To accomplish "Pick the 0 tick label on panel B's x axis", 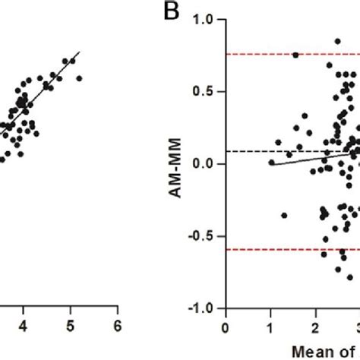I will click(x=225, y=326).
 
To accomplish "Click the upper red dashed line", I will click(x=258, y=54).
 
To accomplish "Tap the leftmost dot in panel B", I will click(x=271, y=162).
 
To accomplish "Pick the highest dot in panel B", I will click(x=337, y=42).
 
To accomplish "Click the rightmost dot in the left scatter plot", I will click(x=79, y=78).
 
